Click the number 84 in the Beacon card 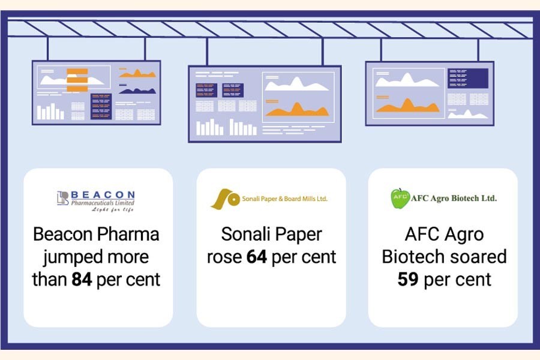82,279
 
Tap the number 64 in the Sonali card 256,257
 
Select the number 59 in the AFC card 408,279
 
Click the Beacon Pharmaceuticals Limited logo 96,200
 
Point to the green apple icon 400,199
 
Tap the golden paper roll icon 225,199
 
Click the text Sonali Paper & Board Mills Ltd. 284,199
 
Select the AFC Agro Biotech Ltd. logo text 454,198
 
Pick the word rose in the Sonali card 224,257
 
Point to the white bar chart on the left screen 50,112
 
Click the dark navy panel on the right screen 476,78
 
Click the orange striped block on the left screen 77,80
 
